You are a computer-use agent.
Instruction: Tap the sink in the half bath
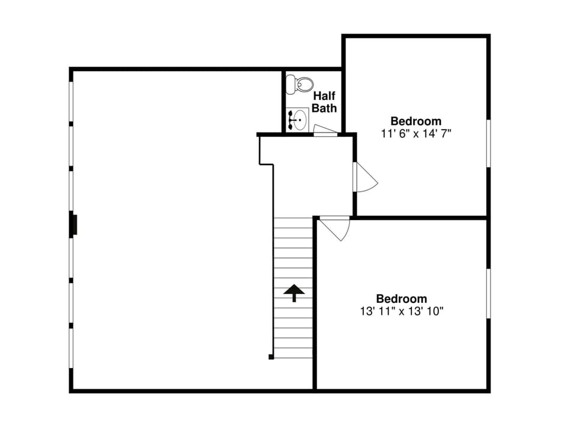click(297, 119)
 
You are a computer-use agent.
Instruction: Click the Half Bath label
click(324, 102)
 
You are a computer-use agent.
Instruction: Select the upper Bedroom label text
click(416, 121)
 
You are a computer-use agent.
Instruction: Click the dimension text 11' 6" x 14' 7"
click(416, 134)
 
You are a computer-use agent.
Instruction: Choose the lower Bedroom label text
click(401, 299)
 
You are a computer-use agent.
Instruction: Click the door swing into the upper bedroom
click(364, 177)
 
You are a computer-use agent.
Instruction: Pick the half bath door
click(324, 131)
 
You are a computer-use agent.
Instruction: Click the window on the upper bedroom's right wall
click(489, 144)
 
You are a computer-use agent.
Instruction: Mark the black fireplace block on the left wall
click(74, 225)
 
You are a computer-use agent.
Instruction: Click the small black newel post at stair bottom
click(271, 357)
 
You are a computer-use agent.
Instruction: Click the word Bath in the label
click(324, 108)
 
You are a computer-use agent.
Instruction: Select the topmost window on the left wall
click(71, 102)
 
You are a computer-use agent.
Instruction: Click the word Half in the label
click(324, 96)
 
